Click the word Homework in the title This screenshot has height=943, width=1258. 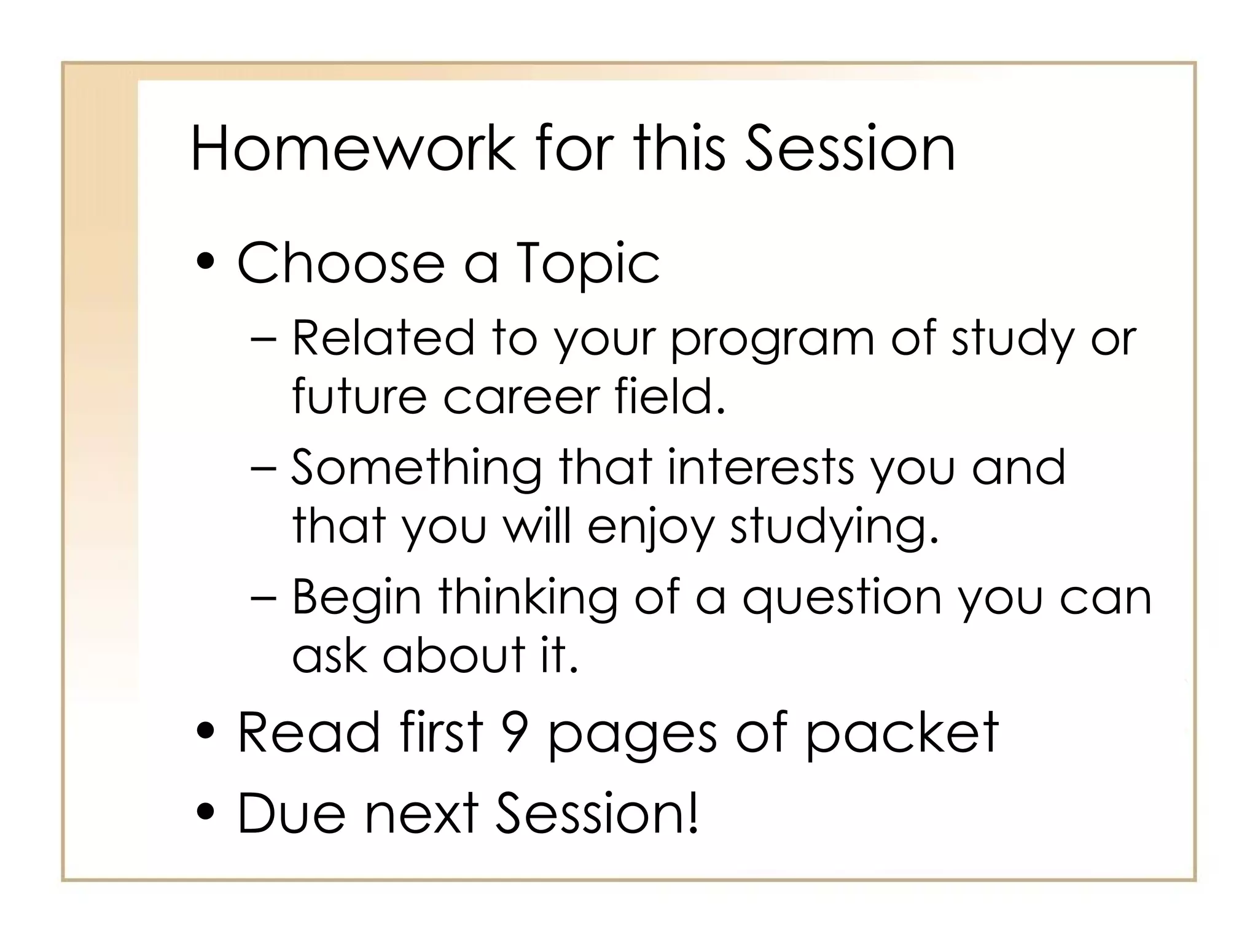(x=353, y=149)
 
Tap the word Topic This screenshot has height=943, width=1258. (x=588, y=265)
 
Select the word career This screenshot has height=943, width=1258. (x=522, y=396)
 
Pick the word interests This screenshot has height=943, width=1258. (x=761, y=468)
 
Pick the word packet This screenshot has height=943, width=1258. (x=902, y=733)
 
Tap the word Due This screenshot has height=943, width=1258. (x=291, y=813)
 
